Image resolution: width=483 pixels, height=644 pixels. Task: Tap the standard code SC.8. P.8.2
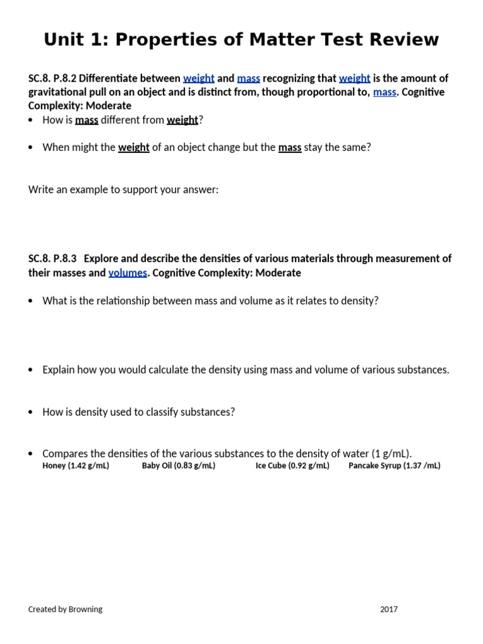pos(52,79)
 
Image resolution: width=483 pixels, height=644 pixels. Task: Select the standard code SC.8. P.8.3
pos(52,258)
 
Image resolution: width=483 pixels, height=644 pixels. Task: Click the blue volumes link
pos(128,272)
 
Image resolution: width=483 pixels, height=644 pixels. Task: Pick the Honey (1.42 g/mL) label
pos(75,466)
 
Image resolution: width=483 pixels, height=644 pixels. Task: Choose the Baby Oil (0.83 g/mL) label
pos(179,466)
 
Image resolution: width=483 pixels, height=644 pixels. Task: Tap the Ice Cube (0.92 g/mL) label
pos(292,466)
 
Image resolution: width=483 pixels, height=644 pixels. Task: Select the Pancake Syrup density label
pos(394,466)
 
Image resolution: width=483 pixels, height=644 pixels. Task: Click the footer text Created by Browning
pos(65,609)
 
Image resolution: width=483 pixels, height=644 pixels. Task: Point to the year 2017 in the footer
pos(389,609)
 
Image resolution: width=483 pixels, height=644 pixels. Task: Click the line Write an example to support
pos(123,189)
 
